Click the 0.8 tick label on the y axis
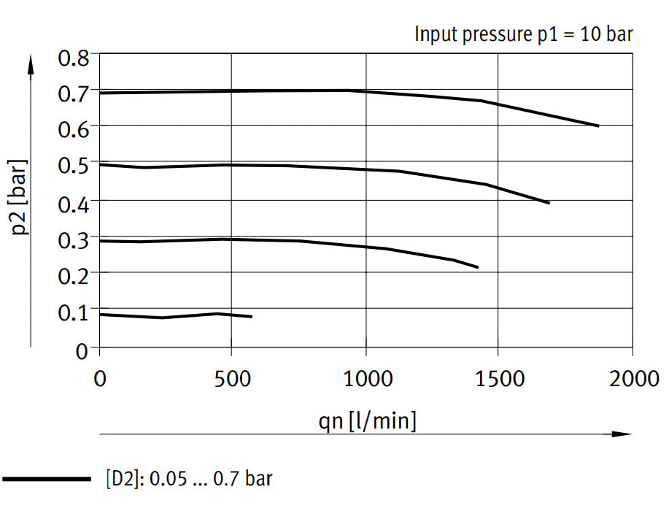pyautogui.click(x=73, y=57)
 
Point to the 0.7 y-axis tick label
pyautogui.click(x=73, y=93)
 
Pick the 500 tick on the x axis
pyautogui.click(x=231, y=378)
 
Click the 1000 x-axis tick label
pyautogui.click(x=366, y=378)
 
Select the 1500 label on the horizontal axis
pyautogui.click(x=499, y=378)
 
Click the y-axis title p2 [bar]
pyautogui.click(x=21, y=197)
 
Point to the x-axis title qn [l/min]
pyautogui.click(x=368, y=420)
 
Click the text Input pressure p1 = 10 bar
pyautogui.click(x=524, y=34)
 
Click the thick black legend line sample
pyautogui.click(x=46, y=480)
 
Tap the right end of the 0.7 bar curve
pyautogui.click(x=598, y=126)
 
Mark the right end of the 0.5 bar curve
pyautogui.click(x=549, y=203)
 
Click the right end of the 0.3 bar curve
pyautogui.click(x=477, y=267)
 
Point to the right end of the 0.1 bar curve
pyautogui.click(x=252, y=317)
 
